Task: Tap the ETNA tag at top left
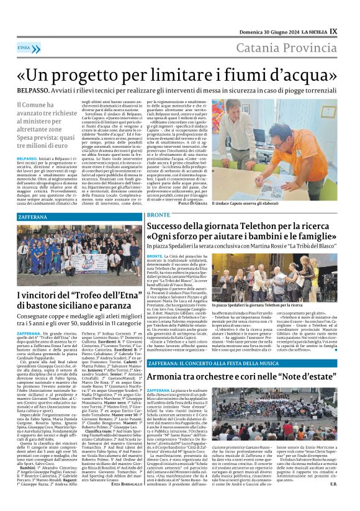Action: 25,47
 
